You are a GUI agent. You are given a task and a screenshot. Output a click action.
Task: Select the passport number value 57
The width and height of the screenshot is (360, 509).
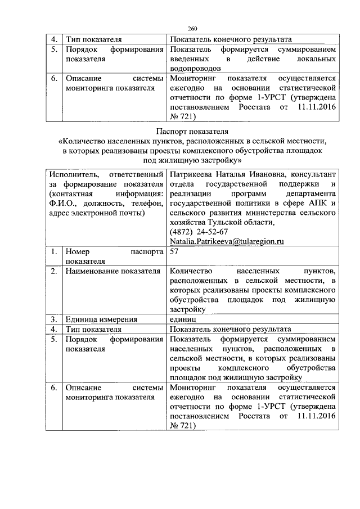[174, 253]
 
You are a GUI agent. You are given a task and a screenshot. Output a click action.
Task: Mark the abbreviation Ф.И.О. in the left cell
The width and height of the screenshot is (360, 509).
[62, 204]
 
